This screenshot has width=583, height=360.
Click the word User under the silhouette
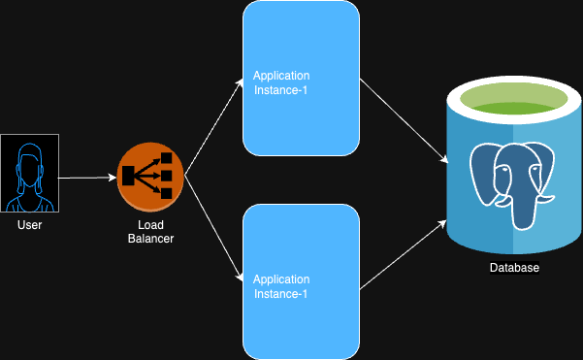(x=29, y=225)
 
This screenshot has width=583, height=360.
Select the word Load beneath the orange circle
(x=150, y=225)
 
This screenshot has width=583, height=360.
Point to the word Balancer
(x=150, y=239)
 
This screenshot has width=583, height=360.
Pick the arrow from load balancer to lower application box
(x=214, y=230)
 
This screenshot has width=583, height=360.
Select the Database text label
(x=514, y=268)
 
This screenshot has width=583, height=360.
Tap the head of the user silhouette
(x=29, y=161)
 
